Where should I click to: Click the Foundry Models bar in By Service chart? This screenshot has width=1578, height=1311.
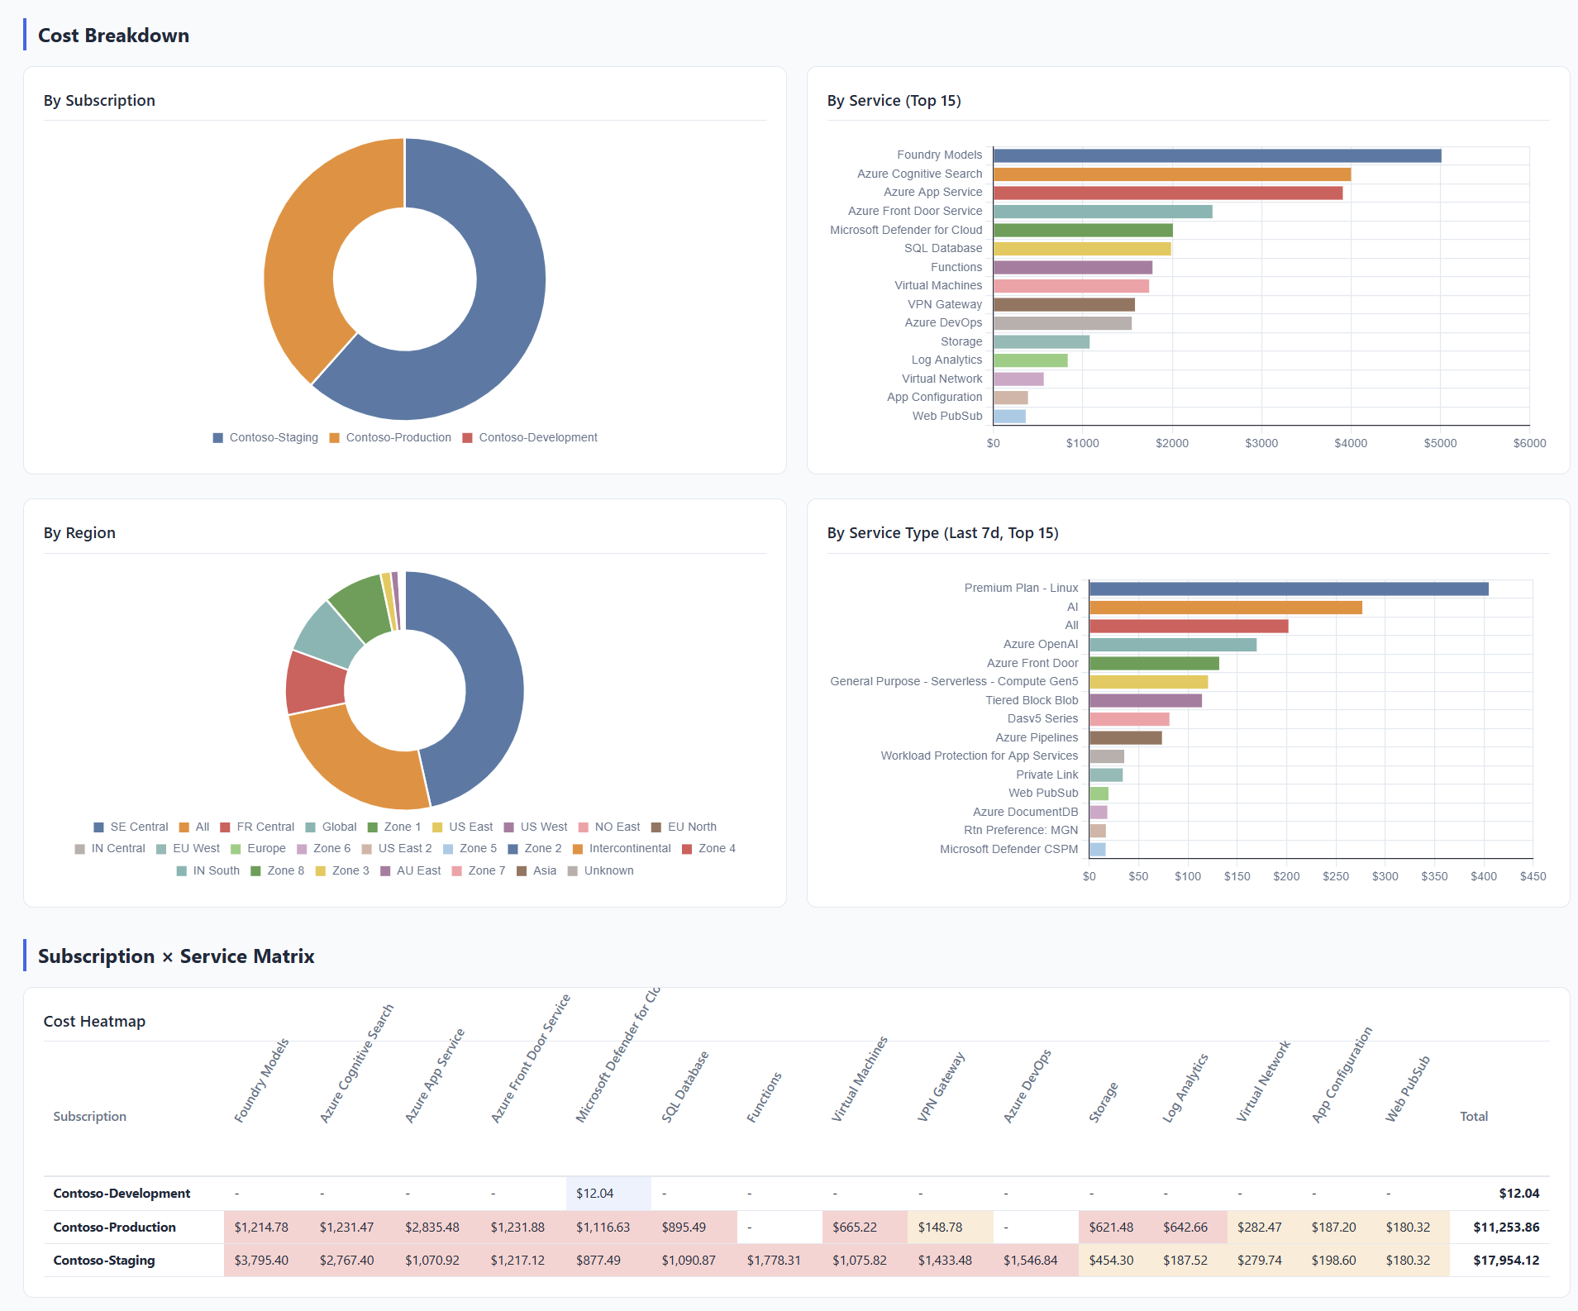point(1217,155)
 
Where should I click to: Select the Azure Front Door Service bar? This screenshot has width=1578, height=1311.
point(1103,212)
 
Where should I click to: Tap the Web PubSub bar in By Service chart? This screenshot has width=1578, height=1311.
point(1009,417)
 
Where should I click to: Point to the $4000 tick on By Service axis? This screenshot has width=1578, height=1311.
point(1351,443)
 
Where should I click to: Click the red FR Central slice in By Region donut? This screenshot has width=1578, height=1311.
point(316,683)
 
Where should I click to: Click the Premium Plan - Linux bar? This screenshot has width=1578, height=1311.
point(1288,589)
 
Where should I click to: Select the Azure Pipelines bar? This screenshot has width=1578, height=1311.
point(1125,737)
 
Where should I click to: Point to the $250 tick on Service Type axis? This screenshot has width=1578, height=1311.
point(1335,876)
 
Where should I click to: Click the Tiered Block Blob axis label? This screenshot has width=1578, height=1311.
point(1032,700)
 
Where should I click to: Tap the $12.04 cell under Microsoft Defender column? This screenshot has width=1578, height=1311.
point(595,1194)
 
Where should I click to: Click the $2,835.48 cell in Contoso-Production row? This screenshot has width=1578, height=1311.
point(431,1228)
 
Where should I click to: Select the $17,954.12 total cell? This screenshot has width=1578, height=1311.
point(1505,1261)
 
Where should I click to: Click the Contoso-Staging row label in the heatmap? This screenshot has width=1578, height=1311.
point(104,1261)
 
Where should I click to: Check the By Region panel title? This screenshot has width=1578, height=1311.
point(79,533)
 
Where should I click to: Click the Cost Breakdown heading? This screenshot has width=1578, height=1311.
point(113,36)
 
